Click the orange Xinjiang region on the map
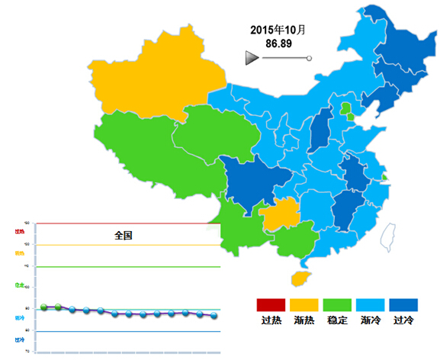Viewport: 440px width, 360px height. pyautogui.click(x=153, y=72)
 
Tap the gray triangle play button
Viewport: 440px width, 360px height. pyautogui.click(x=252, y=58)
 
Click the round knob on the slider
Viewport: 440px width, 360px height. pyautogui.click(x=309, y=58)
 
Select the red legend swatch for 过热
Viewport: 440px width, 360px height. pyautogui.click(x=271, y=305)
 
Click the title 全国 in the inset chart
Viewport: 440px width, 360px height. pyautogui.click(x=124, y=236)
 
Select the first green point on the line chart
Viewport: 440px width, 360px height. pyautogui.click(x=44, y=307)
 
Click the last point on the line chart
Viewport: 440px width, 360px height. pyautogui.click(x=214, y=315)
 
